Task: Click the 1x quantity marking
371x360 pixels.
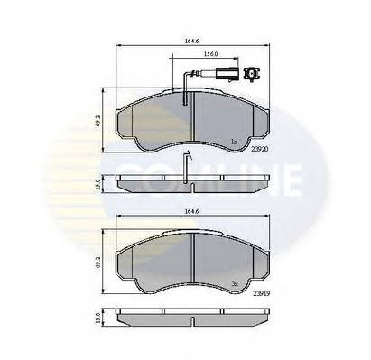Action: [x=233, y=142]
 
